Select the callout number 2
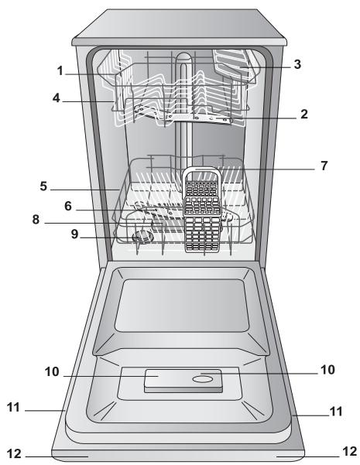click(x=304, y=113)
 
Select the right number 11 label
click(x=334, y=413)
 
